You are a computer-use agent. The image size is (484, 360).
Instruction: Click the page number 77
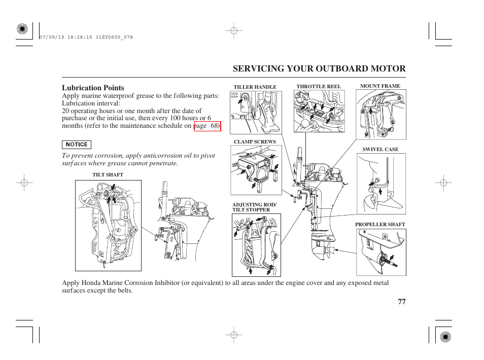click(402, 302)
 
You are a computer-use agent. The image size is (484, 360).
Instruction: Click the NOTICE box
click(77, 145)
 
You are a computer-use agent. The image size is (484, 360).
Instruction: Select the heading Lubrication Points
click(93, 88)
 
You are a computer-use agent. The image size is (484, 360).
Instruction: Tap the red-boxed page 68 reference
click(208, 126)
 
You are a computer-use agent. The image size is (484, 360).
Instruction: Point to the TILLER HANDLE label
click(255, 87)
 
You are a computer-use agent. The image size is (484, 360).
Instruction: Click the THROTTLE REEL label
click(319, 87)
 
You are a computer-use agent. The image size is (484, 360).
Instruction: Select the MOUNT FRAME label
click(381, 86)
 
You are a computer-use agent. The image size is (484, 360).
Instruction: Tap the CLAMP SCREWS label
click(255, 142)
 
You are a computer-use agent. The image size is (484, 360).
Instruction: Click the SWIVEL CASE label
click(381, 149)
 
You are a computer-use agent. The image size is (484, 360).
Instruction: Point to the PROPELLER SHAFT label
click(380, 225)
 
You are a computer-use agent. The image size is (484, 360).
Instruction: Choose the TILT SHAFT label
click(108, 175)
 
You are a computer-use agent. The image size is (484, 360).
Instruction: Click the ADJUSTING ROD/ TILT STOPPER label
click(254, 207)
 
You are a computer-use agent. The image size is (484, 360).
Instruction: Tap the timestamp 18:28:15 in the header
click(80, 37)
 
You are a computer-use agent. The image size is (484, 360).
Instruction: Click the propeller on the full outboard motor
click(328, 250)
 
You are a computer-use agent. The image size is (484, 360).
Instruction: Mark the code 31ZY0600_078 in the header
click(114, 37)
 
